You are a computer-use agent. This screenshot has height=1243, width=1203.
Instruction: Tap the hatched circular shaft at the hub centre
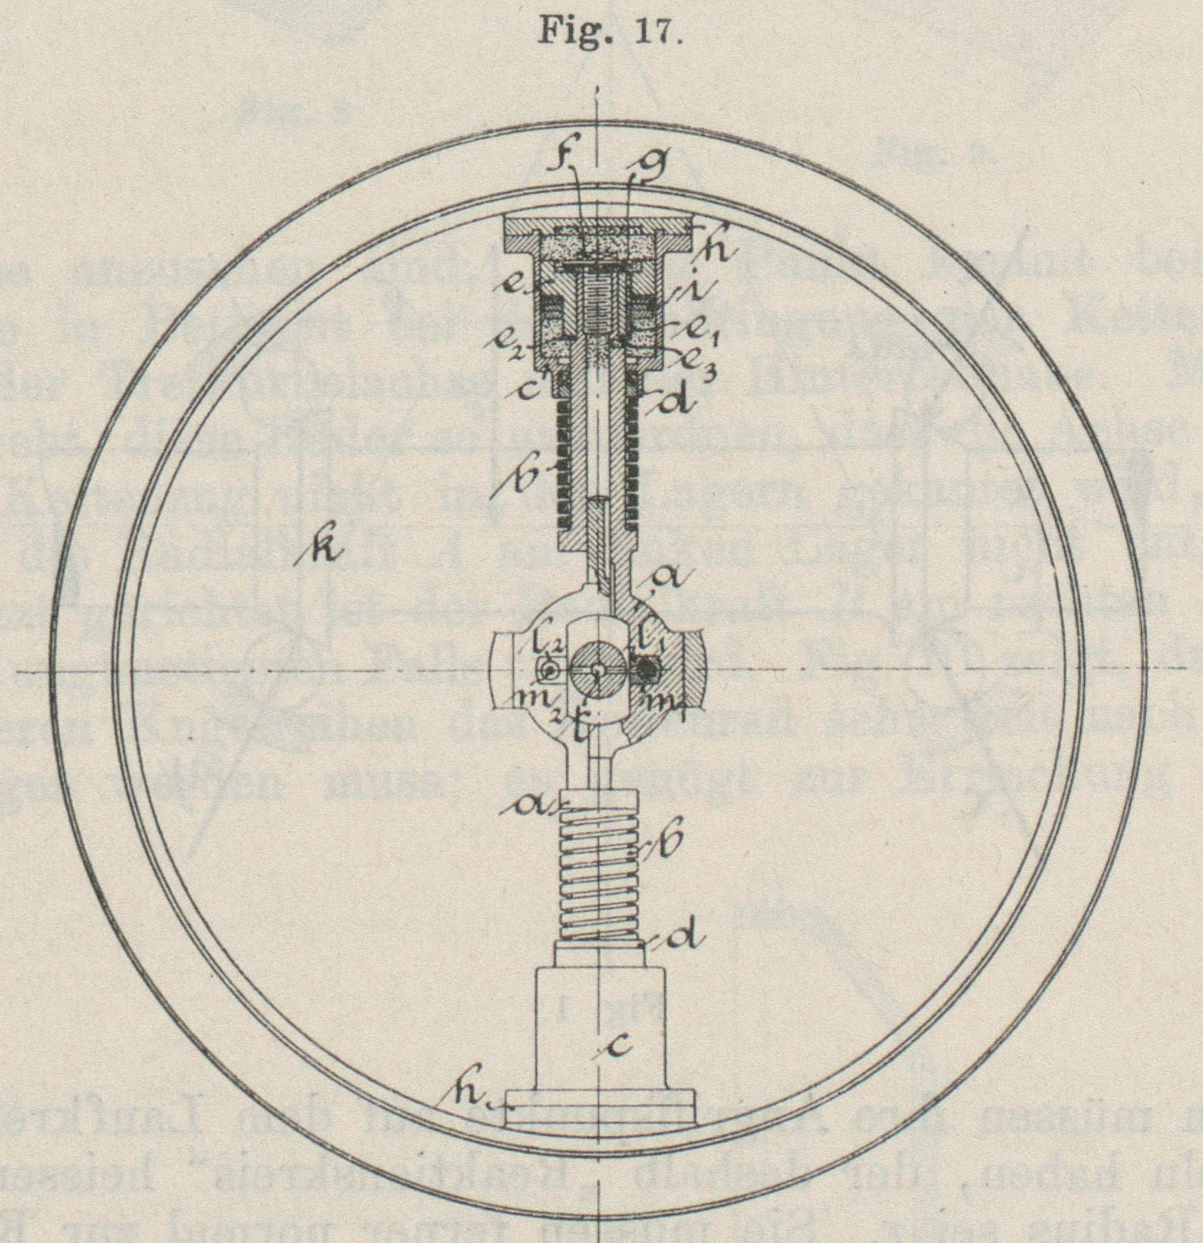[x=596, y=672]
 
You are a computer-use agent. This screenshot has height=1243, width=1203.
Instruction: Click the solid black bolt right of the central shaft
[x=646, y=671]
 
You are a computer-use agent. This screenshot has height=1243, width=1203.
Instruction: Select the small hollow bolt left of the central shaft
[x=551, y=672]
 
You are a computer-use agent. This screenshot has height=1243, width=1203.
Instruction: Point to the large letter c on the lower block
[x=618, y=1048]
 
